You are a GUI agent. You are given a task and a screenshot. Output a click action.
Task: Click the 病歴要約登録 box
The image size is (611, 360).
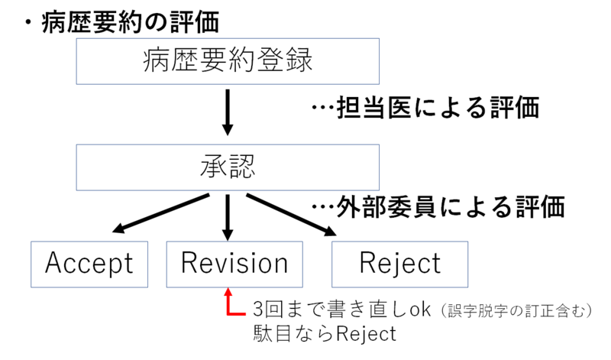click(228, 60)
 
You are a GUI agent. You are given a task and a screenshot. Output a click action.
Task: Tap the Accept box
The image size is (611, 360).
click(89, 263)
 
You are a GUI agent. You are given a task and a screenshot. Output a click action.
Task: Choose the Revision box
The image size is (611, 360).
click(234, 263)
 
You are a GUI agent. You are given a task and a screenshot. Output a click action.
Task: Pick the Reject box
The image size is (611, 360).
click(400, 263)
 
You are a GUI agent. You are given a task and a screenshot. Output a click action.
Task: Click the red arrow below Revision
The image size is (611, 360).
click(229, 301)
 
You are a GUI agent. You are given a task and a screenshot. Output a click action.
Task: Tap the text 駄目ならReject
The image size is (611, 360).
click(324, 334)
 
